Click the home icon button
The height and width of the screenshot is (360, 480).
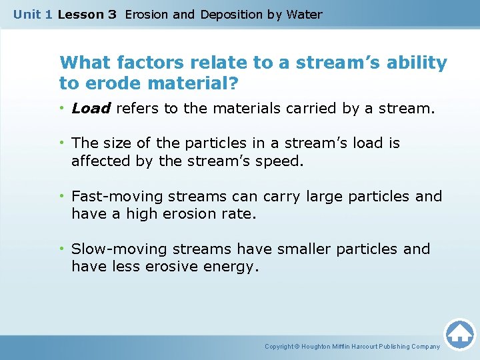tap(459, 334)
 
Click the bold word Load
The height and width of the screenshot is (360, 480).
tap(91, 109)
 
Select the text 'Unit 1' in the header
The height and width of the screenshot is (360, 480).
tap(32, 15)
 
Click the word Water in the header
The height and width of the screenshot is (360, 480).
tap(303, 15)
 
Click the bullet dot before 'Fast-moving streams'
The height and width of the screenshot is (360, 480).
tap(62, 197)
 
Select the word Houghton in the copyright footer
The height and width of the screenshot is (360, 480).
tap(317, 347)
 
